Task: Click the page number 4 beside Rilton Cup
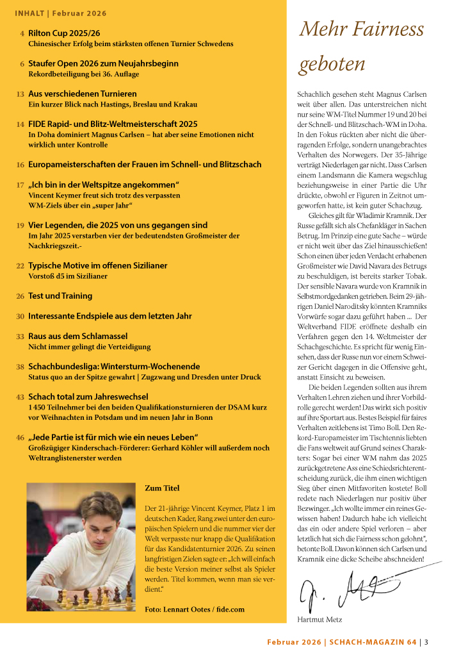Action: click(x=22, y=33)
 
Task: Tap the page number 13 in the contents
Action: click(x=20, y=94)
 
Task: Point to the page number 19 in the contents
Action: click(x=20, y=225)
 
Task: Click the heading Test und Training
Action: click(x=61, y=295)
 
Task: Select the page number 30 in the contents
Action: click(x=20, y=316)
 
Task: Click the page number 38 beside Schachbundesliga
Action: click(x=20, y=366)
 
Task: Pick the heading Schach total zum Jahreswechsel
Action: click(x=88, y=397)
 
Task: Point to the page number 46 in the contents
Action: click(x=20, y=437)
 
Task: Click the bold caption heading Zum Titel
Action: click(x=163, y=488)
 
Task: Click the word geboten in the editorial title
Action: click(x=332, y=64)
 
